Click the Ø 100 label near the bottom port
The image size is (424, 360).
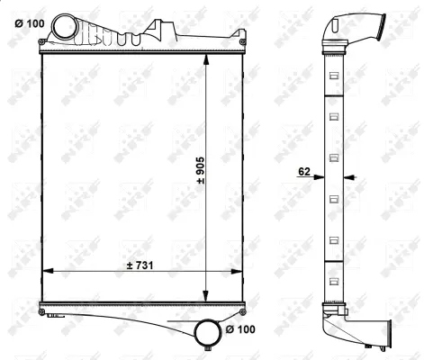pyautogui.click(x=241, y=330)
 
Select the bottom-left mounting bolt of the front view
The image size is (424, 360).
pyautogui.click(x=42, y=311)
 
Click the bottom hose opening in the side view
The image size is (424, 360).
pyautogui.click(x=388, y=337)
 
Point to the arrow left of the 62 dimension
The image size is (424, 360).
pyautogui.click(x=319, y=177)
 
